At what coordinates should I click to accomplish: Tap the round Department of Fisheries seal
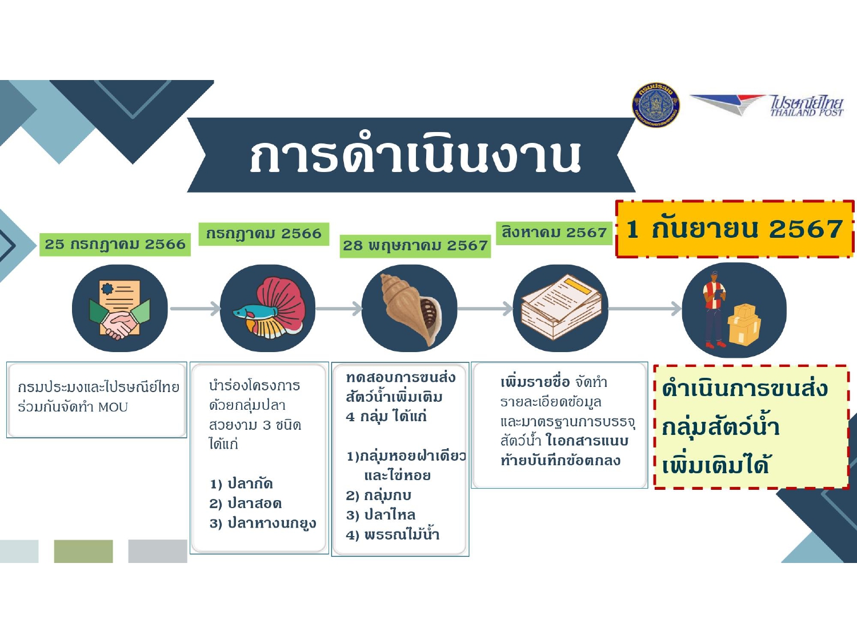tap(656, 105)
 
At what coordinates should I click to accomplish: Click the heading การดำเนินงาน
tap(415, 156)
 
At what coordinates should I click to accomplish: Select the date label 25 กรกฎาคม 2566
tap(115, 245)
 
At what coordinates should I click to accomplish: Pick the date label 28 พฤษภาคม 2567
tap(415, 246)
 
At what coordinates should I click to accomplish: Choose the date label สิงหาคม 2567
tap(554, 233)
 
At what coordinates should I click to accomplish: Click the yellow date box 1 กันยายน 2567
tap(735, 229)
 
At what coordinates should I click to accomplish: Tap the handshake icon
tap(120, 309)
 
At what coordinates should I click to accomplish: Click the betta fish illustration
tap(270, 307)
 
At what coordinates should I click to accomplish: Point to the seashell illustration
tap(411, 309)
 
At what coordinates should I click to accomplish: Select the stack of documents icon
tap(562, 307)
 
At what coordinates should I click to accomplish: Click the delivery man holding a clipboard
tap(714, 309)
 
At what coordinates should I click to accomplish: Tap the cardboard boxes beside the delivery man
tap(744, 325)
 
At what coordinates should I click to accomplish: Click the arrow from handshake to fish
tap(195, 309)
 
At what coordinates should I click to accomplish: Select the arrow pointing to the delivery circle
tap(644, 309)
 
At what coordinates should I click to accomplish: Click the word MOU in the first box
tap(113, 407)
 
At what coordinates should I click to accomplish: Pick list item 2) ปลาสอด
tap(245, 504)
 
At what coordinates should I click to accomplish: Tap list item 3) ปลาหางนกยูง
tap(263, 524)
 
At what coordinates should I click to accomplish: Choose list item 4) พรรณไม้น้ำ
tap(393, 535)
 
